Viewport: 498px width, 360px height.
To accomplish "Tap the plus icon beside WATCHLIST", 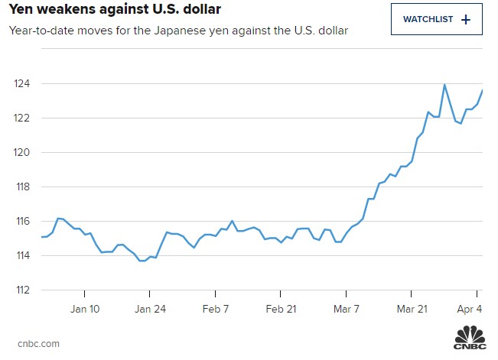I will click(x=466, y=19).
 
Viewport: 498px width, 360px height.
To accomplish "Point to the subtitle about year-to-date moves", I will click(x=178, y=31).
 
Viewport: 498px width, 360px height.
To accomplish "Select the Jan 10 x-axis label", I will click(x=84, y=309).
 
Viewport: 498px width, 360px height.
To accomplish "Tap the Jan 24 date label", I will click(x=150, y=309).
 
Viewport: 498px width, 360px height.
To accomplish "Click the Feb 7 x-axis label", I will click(x=216, y=309).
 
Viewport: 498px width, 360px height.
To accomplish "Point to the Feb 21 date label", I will click(x=281, y=309).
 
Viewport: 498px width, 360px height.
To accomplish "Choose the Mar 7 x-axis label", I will click(x=347, y=309).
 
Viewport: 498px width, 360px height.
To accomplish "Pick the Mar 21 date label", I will click(x=412, y=309).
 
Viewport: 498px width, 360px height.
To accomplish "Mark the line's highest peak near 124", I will click(x=444, y=85).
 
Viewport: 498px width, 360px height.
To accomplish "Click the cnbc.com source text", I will click(x=38, y=343).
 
